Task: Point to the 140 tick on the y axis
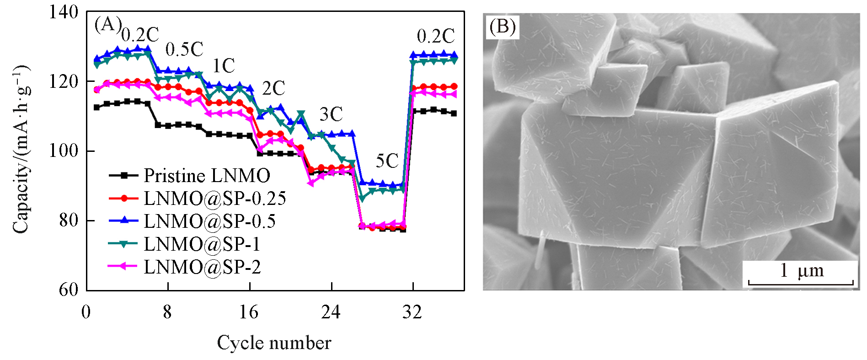click(64, 12)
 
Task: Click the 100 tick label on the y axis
click(64, 151)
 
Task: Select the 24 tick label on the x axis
click(331, 312)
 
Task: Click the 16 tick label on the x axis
click(249, 312)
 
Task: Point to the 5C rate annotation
click(387, 161)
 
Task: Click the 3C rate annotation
click(331, 114)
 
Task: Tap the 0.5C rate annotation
click(184, 49)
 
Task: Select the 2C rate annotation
click(273, 88)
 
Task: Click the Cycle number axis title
click(274, 343)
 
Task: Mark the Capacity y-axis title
click(21, 150)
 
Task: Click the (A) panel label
click(107, 24)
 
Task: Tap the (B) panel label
click(502, 27)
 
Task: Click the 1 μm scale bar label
click(802, 271)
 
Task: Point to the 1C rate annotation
click(224, 66)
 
